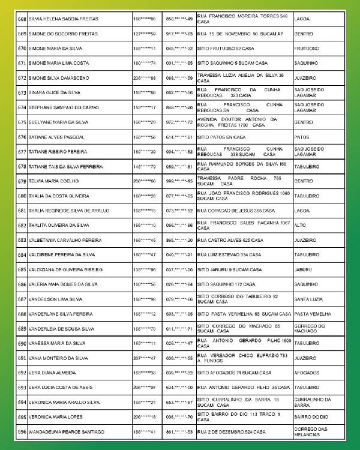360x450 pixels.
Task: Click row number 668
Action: click(22, 19)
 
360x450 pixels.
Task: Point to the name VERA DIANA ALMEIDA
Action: click(51, 373)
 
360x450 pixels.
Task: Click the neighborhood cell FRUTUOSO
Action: click(307, 49)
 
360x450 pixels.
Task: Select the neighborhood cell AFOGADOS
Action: click(307, 373)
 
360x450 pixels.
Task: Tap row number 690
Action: click(22, 343)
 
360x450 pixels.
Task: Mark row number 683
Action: click(22, 240)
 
